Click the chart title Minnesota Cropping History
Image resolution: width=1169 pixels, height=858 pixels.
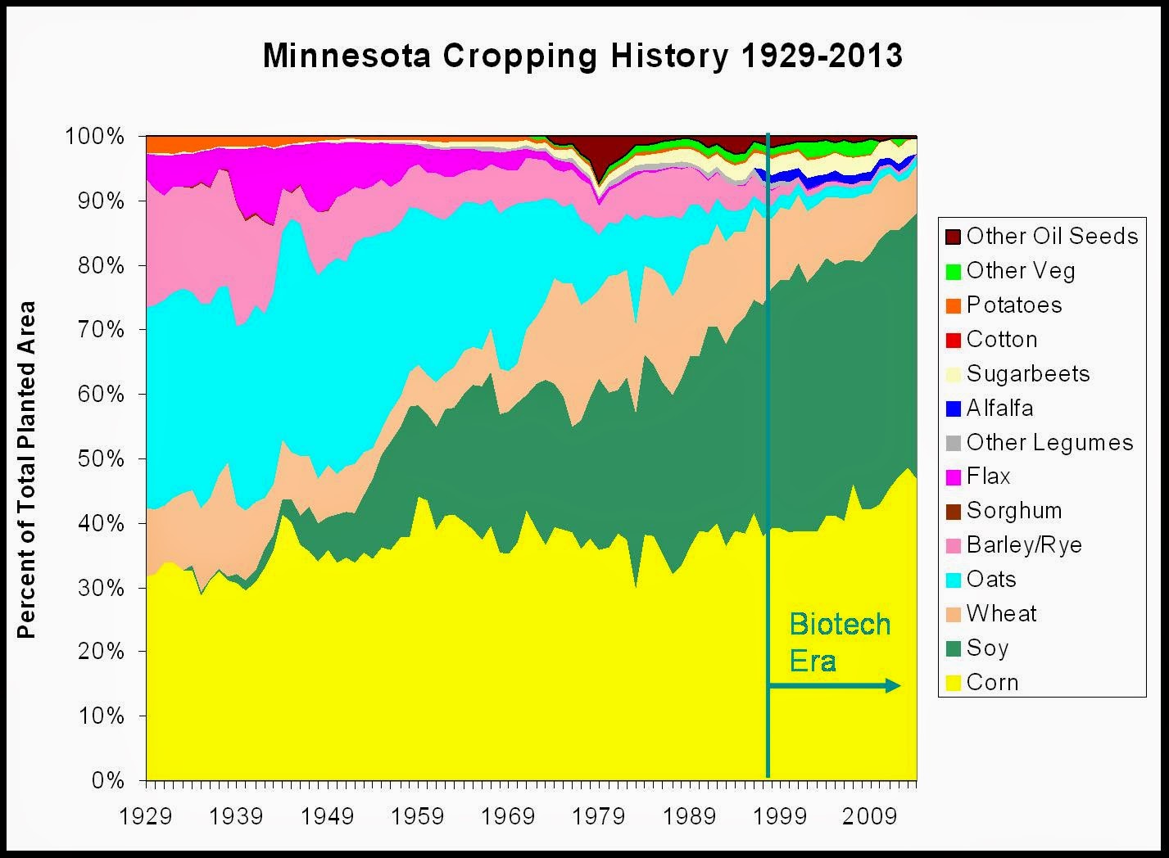tap(582, 56)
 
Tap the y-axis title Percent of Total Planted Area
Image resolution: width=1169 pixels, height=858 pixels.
tap(27, 470)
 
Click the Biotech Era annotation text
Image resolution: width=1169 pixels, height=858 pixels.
tap(839, 642)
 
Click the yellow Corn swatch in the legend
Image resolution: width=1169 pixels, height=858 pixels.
tap(953, 683)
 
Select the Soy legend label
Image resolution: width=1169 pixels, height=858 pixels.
tap(987, 648)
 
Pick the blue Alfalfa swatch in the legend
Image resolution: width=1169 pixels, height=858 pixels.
tap(953, 409)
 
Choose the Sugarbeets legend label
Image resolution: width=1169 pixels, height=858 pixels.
tap(1028, 374)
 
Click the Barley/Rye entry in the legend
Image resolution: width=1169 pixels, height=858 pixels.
tap(1024, 545)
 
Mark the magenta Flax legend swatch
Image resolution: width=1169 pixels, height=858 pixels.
tap(953, 476)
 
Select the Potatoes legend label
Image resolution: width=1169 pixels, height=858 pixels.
tap(1014, 305)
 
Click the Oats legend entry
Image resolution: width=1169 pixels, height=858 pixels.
tap(991, 580)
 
